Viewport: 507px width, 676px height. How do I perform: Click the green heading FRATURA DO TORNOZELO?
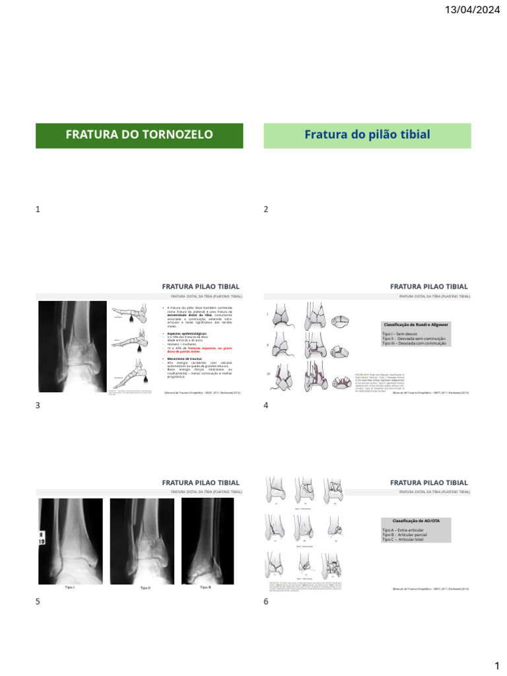(x=139, y=135)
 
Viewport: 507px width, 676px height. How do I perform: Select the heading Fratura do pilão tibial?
(x=367, y=135)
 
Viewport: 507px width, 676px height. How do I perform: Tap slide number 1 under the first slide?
(x=38, y=209)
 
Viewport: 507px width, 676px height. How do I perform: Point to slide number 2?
(x=266, y=209)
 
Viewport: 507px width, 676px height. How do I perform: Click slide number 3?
(x=38, y=405)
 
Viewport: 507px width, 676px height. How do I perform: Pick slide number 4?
(x=266, y=405)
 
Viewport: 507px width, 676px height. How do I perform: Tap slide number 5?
(x=38, y=601)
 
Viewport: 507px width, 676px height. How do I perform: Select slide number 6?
(x=266, y=601)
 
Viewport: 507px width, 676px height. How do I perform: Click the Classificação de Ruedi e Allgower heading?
(x=415, y=325)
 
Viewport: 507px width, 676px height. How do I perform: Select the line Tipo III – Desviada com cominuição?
(x=414, y=343)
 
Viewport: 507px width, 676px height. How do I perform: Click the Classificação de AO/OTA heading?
(x=415, y=521)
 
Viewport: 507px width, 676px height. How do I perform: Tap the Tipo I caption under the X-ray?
(x=69, y=587)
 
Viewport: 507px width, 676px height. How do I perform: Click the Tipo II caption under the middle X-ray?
(x=145, y=588)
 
